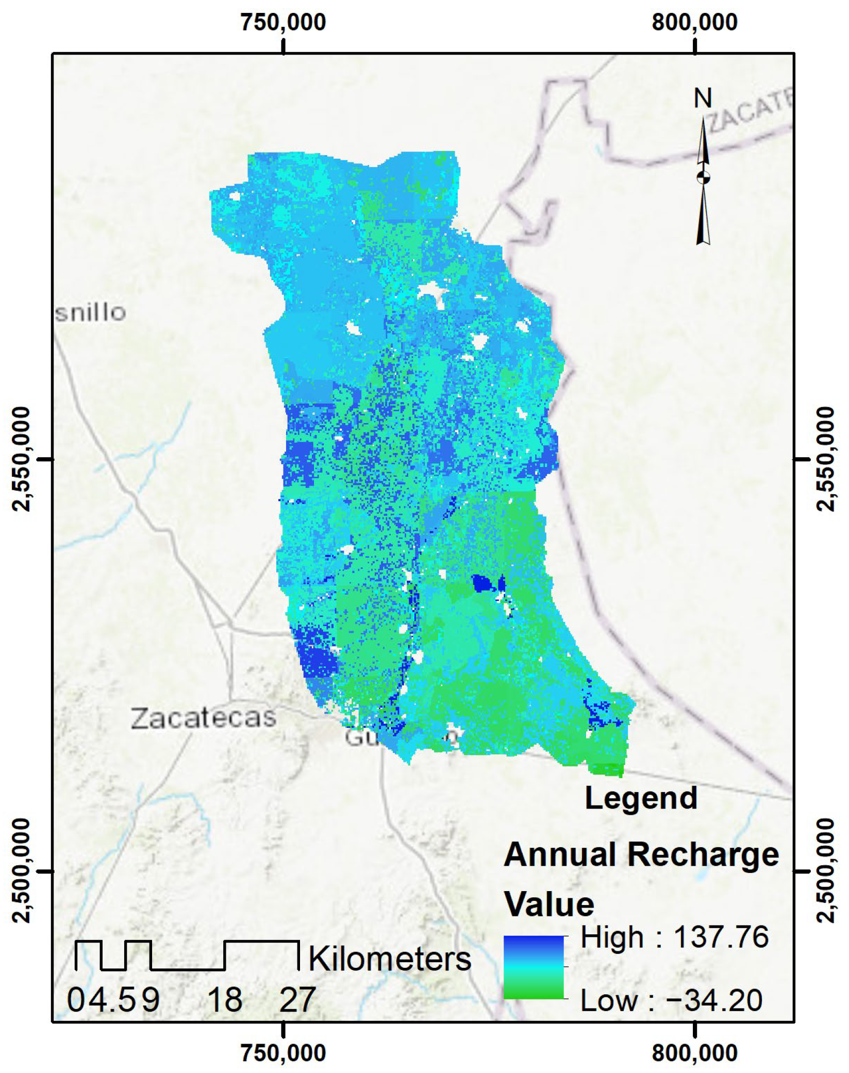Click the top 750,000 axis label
(283, 23)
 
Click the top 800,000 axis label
(694, 23)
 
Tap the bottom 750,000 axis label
(283, 1052)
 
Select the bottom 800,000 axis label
(694, 1052)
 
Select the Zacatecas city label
(204, 718)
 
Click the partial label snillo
(91, 313)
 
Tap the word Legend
(641, 798)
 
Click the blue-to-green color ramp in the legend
(534, 967)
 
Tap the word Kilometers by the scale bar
(390, 959)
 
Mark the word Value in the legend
(549, 904)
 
